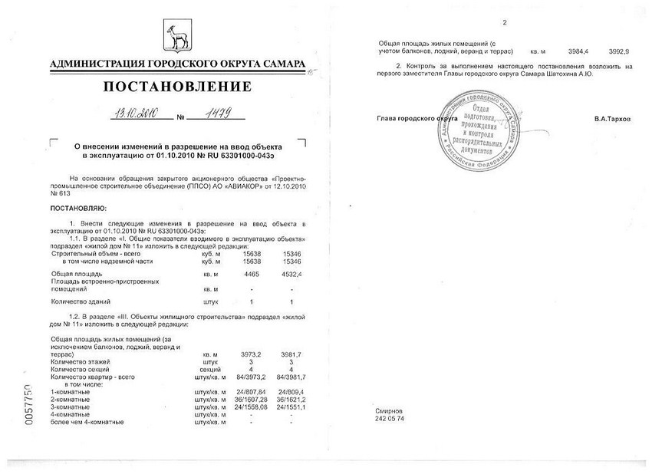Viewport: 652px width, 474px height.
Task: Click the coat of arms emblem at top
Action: [176, 38]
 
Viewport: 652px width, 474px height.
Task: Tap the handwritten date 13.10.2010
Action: [135, 115]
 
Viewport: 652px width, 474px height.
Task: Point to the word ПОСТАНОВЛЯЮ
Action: [79, 208]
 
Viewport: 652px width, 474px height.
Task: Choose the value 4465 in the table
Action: [252, 274]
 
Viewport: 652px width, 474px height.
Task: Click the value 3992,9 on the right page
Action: [618, 51]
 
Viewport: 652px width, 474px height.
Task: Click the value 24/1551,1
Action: [291, 407]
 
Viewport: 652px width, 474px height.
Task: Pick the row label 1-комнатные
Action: [70, 393]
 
